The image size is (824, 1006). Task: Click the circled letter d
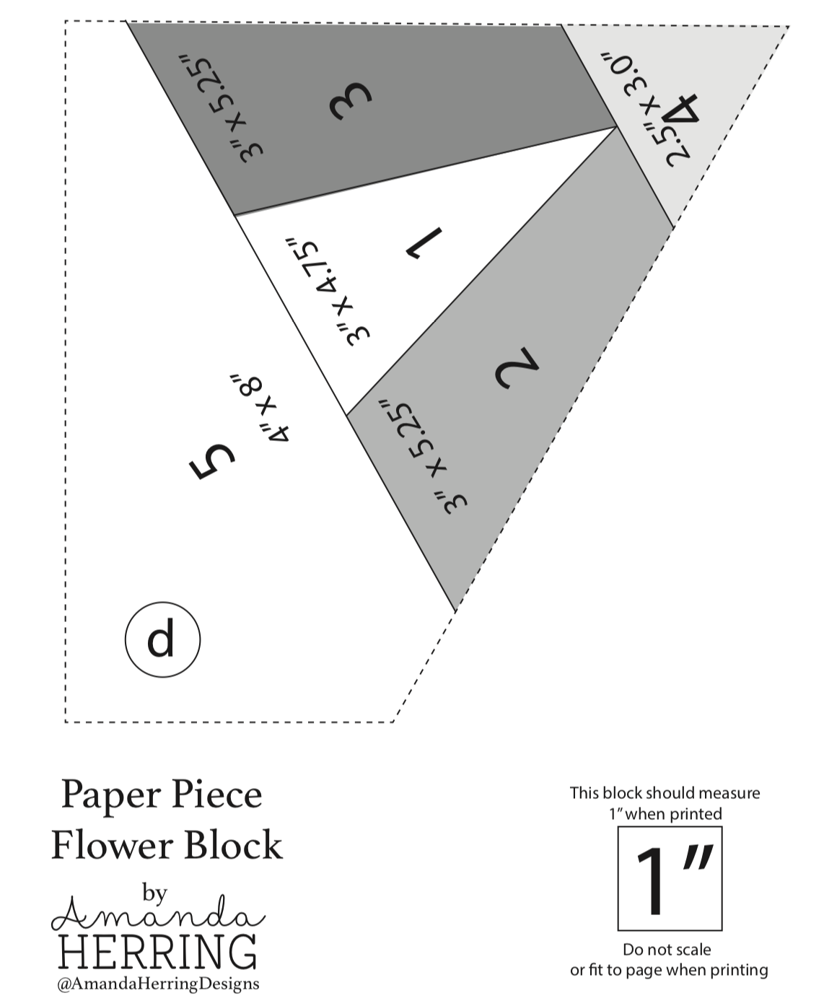point(162,639)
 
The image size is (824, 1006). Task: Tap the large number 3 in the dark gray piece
point(351,102)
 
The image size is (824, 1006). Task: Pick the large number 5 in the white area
point(212,460)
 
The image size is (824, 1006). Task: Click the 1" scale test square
point(669,878)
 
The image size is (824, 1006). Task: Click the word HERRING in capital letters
point(158,952)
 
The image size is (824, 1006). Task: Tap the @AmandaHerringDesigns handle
point(157,984)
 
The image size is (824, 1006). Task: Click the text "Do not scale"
point(667,950)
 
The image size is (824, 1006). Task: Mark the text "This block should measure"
point(665,793)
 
